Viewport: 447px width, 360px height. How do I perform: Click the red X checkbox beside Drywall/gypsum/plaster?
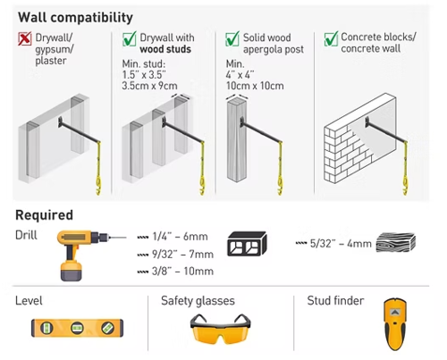pos(24,38)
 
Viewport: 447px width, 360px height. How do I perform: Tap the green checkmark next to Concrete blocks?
pos(331,38)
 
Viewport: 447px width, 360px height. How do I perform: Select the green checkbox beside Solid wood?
pos(232,38)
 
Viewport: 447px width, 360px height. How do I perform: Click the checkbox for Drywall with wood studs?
pos(130,38)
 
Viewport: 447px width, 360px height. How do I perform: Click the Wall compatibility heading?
pos(75,18)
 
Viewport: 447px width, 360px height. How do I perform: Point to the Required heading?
pos(44,215)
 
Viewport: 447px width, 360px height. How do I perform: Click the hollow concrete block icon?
pos(247,244)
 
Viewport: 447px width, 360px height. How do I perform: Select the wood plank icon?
pos(396,242)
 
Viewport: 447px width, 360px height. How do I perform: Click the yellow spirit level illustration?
pos(77,328)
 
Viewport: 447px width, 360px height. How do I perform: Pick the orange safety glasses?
pos(220,329)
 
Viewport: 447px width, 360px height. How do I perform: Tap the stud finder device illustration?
pos(395,324)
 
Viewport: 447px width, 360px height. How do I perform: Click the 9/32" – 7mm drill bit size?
pos(182,255)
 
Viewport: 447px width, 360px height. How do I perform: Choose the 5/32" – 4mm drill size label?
pos(341,244)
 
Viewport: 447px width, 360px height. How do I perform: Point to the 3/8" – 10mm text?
pos(182,272)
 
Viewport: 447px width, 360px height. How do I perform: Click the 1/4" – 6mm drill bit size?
pos(180,237)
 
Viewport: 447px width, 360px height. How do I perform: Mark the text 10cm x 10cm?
pos(255,86)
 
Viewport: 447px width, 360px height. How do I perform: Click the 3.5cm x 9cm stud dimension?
pos(149,86)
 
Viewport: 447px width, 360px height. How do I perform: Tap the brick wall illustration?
pos(360,138)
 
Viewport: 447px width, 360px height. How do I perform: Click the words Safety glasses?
pos(198,301)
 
